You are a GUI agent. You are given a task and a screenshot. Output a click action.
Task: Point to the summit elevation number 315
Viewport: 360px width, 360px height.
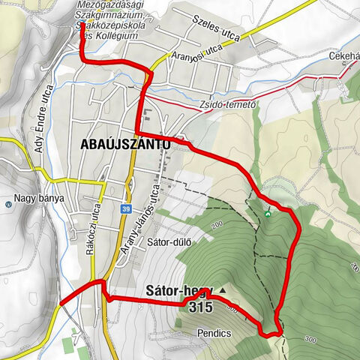201,307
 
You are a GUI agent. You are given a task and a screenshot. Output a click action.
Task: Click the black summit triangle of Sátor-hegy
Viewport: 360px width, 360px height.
222,289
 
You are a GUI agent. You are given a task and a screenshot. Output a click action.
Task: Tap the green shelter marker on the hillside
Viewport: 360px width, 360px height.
268,214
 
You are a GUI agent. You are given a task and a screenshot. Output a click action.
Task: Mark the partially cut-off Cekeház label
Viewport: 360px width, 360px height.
343,56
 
